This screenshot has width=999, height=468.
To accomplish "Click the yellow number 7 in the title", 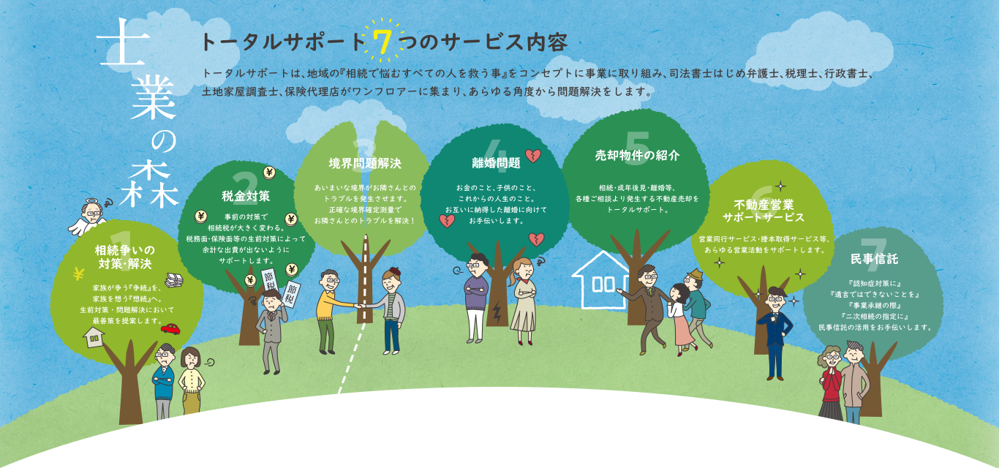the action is click(x=382, y=43).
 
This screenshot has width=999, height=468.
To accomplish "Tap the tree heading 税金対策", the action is click(x=246, y=196).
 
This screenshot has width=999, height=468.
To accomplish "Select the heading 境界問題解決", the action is click(x=365, y=163).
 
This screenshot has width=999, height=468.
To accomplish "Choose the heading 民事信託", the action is click(x=874, y=259).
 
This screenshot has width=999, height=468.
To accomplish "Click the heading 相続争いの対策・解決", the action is click(x=124, y=257).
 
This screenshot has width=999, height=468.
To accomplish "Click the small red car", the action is click(x=171, y=328).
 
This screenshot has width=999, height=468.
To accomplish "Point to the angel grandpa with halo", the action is click(x=91, y=216).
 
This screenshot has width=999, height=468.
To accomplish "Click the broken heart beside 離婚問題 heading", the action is click(x=533, y=156).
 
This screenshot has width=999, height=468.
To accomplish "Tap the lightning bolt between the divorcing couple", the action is click(x=497, y=313).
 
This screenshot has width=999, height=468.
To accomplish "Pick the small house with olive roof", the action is click(x=94, y=336).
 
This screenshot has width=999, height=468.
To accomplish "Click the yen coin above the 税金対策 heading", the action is click(x=268, y=173).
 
